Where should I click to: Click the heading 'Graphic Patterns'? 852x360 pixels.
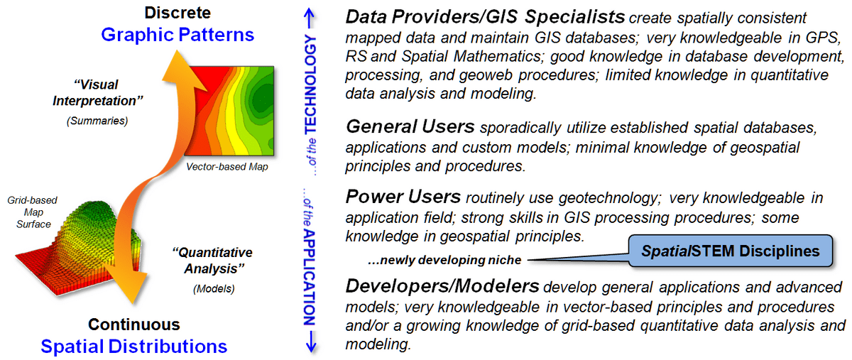click(x=177, y=35)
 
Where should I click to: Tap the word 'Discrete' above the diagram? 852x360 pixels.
click(x=177, y=13)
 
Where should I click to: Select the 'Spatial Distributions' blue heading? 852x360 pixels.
click(x=134, y=347)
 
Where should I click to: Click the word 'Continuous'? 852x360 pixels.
click(x=134, y=324)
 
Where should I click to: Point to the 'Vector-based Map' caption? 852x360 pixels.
click(x=227, y=167)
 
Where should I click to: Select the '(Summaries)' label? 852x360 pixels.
click(x=97, y=121)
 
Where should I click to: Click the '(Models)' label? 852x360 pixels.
click(x=214, y=289)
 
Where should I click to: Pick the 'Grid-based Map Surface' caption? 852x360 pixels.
click(x=33, y=212)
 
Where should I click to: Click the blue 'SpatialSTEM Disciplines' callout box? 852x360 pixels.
click(x=731, y=251)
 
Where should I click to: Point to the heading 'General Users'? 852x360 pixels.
click(x=410, y=126)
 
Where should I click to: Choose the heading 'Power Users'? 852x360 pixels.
click(x=403, y=197)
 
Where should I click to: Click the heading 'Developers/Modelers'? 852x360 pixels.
click(x=442, y=286)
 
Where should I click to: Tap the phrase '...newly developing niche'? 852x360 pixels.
click(x=444, y=260)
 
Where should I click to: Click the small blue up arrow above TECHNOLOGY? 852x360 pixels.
click(x=310, y=18)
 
